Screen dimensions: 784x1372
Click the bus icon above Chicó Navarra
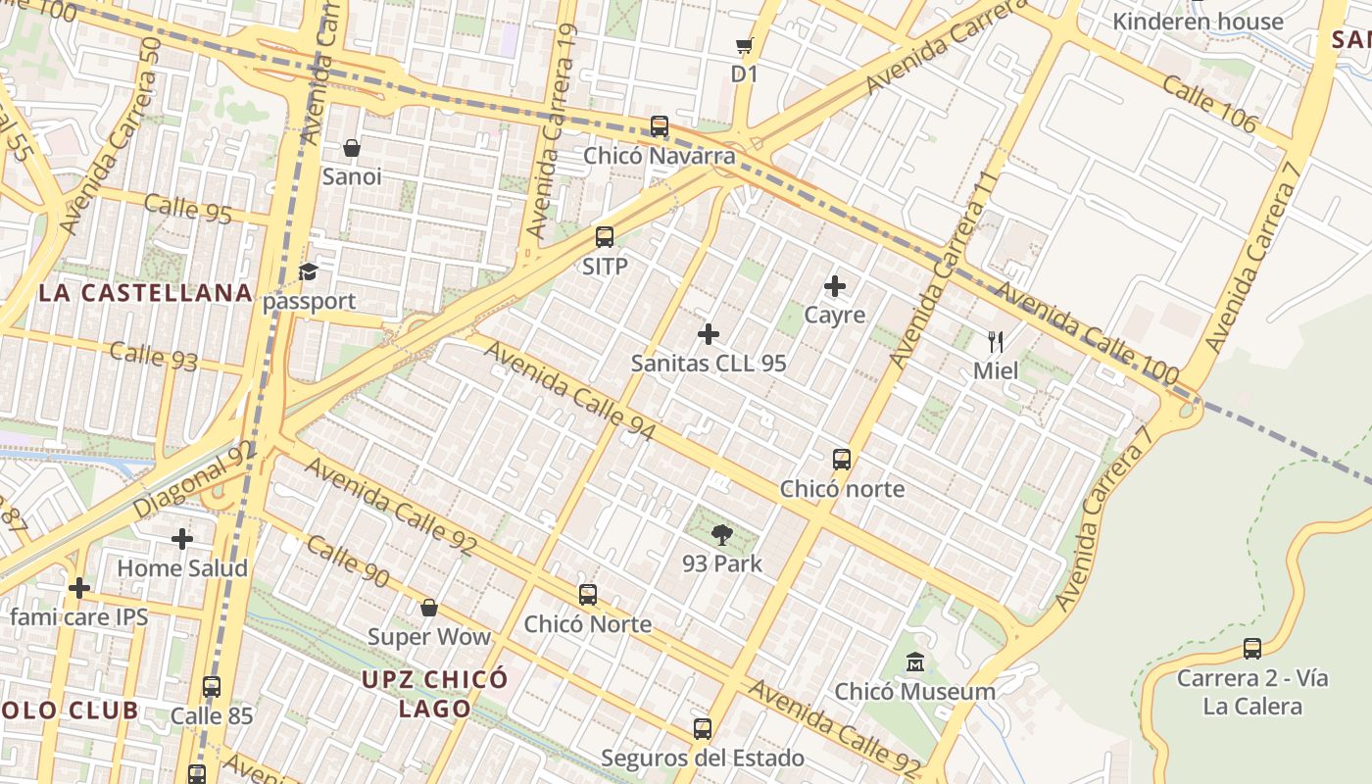(x=660, y=126)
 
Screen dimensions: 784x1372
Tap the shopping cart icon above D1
(x=744, y=45)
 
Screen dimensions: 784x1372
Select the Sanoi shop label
(x=352, y=176)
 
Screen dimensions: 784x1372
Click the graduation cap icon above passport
(x=309, y=271)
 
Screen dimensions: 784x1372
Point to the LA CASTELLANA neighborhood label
(x=145, y=293)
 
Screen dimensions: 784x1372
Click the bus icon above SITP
(x=605, y=237)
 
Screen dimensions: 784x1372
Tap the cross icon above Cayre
(x=835, y=286)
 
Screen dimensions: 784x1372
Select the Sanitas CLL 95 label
(x=709, y=363)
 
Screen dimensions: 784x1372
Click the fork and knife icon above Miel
(x=996, y=342)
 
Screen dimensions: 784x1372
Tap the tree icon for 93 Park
(x=722, y=535)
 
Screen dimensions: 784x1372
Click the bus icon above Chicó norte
(x=842, y=460)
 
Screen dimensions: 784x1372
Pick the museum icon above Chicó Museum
(x=915, y=662)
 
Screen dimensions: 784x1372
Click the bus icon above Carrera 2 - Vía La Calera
(x=1252, y=649)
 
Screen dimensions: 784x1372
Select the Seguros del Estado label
(x=703, y=758)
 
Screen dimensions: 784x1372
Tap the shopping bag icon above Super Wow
(x=428, y=609)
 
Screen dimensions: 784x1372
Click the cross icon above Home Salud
(x=182, y=539)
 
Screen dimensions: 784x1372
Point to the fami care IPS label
(x=79, y=616)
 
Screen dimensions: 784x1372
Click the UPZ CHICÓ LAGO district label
(x=434, y=693)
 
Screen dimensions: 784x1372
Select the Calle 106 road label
(x=1209, y=103)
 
